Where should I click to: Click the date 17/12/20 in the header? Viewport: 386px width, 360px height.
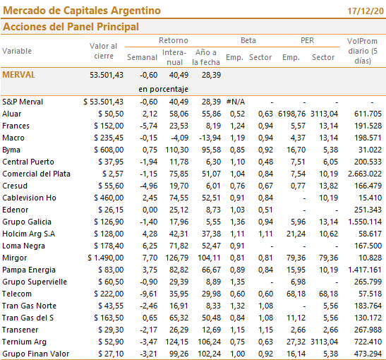click(366, 11)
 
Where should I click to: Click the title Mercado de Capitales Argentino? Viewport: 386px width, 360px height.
click(82, 11)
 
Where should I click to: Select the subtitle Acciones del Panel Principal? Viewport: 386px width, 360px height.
click(71, 27)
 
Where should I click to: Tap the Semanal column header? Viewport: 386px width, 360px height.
click(142, 57)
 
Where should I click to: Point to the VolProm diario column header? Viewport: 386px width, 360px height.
click(363, 51)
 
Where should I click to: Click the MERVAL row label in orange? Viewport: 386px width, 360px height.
click(19, 75)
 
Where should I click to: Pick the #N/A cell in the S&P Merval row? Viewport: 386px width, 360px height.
click(236, 102)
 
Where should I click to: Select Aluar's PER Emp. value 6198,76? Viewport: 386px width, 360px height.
click(291, 114)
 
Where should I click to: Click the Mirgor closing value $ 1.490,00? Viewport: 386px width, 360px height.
click(106, 258)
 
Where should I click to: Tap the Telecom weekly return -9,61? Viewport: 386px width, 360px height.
click(148, 294)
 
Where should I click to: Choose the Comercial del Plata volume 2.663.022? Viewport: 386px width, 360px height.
click(365, 174)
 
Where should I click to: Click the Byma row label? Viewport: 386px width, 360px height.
click(11, 150)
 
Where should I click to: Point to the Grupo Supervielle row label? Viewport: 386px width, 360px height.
click(35, 282)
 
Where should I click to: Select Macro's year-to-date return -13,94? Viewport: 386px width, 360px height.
click(210, 138)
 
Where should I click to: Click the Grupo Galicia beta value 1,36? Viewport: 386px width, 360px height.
click(237, 222)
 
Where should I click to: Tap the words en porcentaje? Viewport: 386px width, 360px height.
click(163, 89)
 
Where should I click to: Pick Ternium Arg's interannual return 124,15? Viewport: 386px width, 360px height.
click(176, 342)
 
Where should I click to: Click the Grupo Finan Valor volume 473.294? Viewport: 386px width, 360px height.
click(368, 354)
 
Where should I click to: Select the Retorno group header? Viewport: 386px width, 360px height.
click(174, 40)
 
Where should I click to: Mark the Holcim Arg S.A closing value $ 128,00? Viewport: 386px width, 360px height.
click(109, 234)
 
